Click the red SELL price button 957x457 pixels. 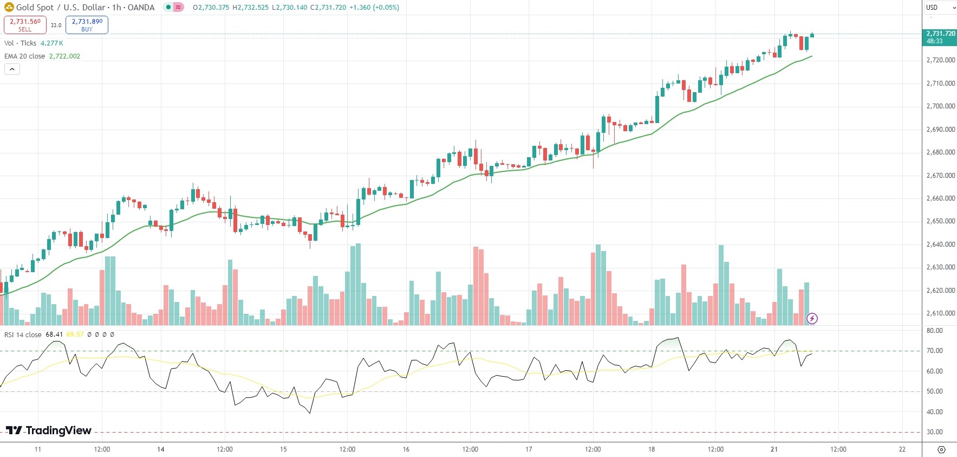click(x=25, y=24)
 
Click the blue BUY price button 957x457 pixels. click(x=87, y=24)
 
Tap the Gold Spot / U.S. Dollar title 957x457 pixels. click(x=85, y=8)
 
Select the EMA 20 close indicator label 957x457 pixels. click(x=25, y=56)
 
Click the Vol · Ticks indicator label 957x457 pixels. click(x=21, y=43)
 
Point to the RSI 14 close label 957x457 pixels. click(x=23, y=334)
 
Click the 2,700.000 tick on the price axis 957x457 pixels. click(x=941, y=106)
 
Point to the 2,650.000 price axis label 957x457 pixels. click(x=941, y=221)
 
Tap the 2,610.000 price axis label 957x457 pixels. click(x=941, y=313)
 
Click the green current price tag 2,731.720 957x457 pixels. click(x=940, y=37)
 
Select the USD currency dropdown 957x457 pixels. click(x=940, y=8)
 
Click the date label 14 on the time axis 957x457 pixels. click(x=160, y=449)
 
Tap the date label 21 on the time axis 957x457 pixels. click(x=774, y=449)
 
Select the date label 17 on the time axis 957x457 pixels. click(x=529, y=449)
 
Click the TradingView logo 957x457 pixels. click(x=49, y=430)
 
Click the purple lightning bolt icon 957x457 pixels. click(x=812, y=318)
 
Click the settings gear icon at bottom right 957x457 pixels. click(x=941, y=449)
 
